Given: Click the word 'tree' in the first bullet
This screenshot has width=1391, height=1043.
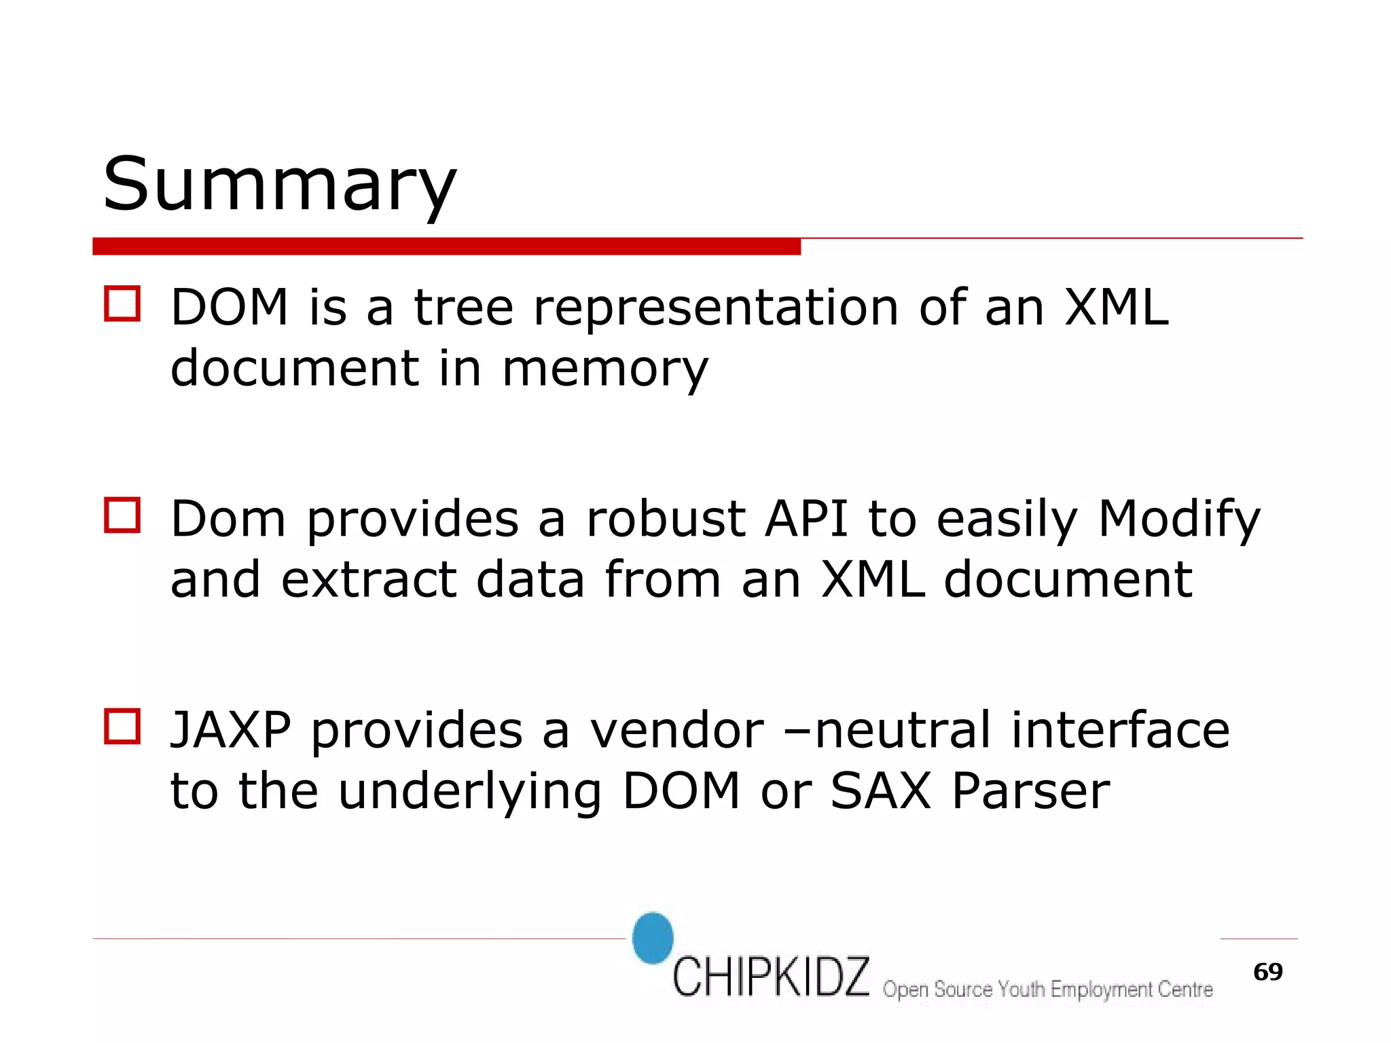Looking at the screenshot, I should click(463, 307).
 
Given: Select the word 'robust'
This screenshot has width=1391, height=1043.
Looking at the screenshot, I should click(666, 519).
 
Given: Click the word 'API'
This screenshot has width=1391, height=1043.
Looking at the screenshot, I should click(806, 519).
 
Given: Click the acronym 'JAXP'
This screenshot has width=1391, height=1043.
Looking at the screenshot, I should click(231, 730).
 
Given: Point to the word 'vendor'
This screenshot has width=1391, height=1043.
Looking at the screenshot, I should click(676, 730).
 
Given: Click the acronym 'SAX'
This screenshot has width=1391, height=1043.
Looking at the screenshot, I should click(880, 791).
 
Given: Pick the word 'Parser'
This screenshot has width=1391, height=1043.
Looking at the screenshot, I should click(1030, 791).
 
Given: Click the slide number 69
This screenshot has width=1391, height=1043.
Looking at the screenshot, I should click(1267, 972).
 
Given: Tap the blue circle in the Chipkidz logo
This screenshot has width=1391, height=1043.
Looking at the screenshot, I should click(653, 938).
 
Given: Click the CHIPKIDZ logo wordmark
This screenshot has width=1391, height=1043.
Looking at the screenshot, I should click(771, 977).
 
